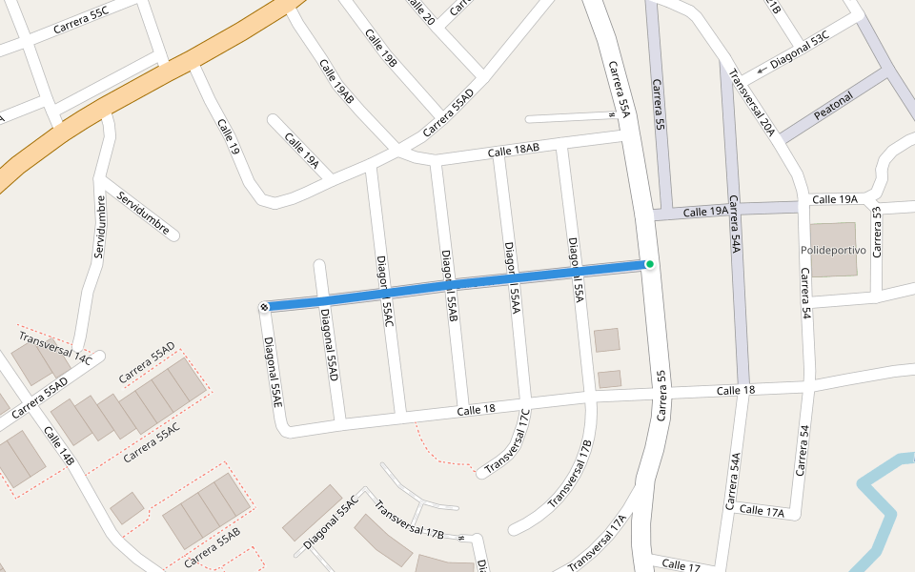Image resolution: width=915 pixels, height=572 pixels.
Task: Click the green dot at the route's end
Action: point(650,264)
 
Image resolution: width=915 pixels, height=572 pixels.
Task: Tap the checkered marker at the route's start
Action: point(263,307)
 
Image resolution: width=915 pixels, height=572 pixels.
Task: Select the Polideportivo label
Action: point(833,250)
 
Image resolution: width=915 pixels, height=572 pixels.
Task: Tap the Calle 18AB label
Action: point(514,150)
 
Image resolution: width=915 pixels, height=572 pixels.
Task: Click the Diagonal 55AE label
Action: point(274,373)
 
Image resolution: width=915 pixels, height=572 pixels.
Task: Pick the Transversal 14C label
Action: point(55,348)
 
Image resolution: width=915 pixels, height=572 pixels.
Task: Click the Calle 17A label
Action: point(762,512)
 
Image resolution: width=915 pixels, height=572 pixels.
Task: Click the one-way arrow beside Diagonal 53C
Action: point(762,70)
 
